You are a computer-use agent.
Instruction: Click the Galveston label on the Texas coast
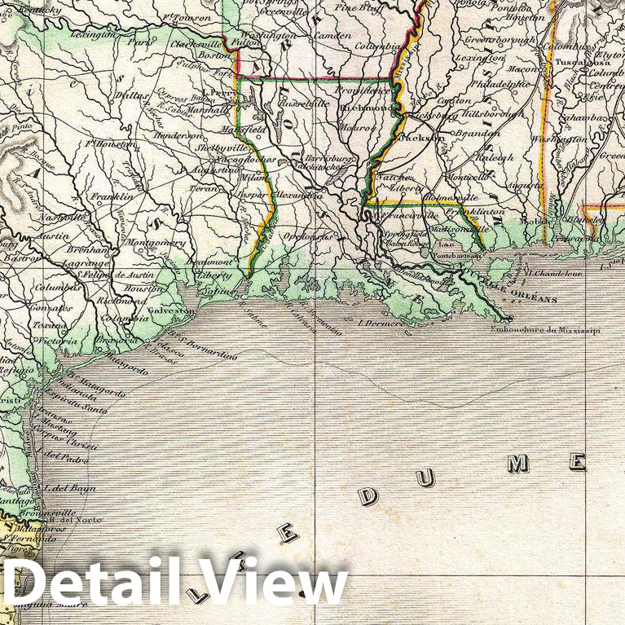click(170, 310)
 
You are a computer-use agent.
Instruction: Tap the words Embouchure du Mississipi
click(545, 330)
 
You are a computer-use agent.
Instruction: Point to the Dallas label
click(133, 95)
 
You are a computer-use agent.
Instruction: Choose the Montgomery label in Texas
click(156, 243)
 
